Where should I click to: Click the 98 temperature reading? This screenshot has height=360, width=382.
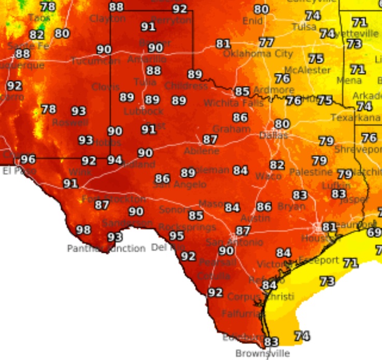coord(83,230)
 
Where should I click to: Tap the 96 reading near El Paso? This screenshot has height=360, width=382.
coord(27,160)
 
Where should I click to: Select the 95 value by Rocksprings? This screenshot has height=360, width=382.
coord(177,236)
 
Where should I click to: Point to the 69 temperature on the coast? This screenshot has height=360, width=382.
coord(374,232)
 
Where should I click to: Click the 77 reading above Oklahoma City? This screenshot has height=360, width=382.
coord(266,42)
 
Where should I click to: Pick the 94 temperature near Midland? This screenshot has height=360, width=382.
coord(115,160)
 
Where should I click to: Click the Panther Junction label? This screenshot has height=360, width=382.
coord(106,249)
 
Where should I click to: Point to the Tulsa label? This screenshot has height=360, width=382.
coord(304,27)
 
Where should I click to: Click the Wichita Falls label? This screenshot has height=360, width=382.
coord(233,103)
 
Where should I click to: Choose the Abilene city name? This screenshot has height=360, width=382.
coord(202,151)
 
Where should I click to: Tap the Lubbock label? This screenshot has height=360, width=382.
coord(144,111)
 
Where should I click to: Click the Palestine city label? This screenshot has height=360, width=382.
coord(310,172)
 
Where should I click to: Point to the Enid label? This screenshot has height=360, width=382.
coord(252,21)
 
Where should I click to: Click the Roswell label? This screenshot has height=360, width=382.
coord(70,123)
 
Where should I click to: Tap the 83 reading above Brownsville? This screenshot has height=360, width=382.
coord(271,342)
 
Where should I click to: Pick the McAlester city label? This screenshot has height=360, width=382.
coord(307,70)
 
